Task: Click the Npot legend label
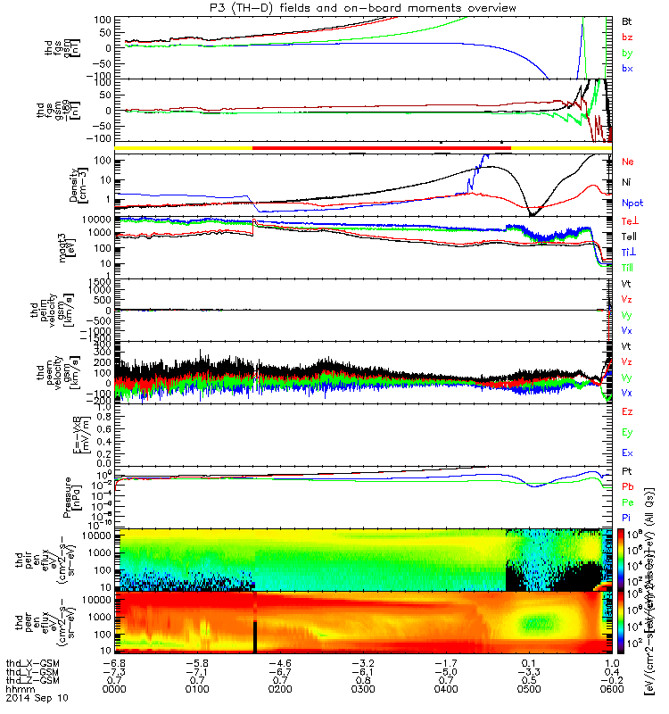tap(632, 203)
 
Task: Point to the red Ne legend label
tap(627, 162)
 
